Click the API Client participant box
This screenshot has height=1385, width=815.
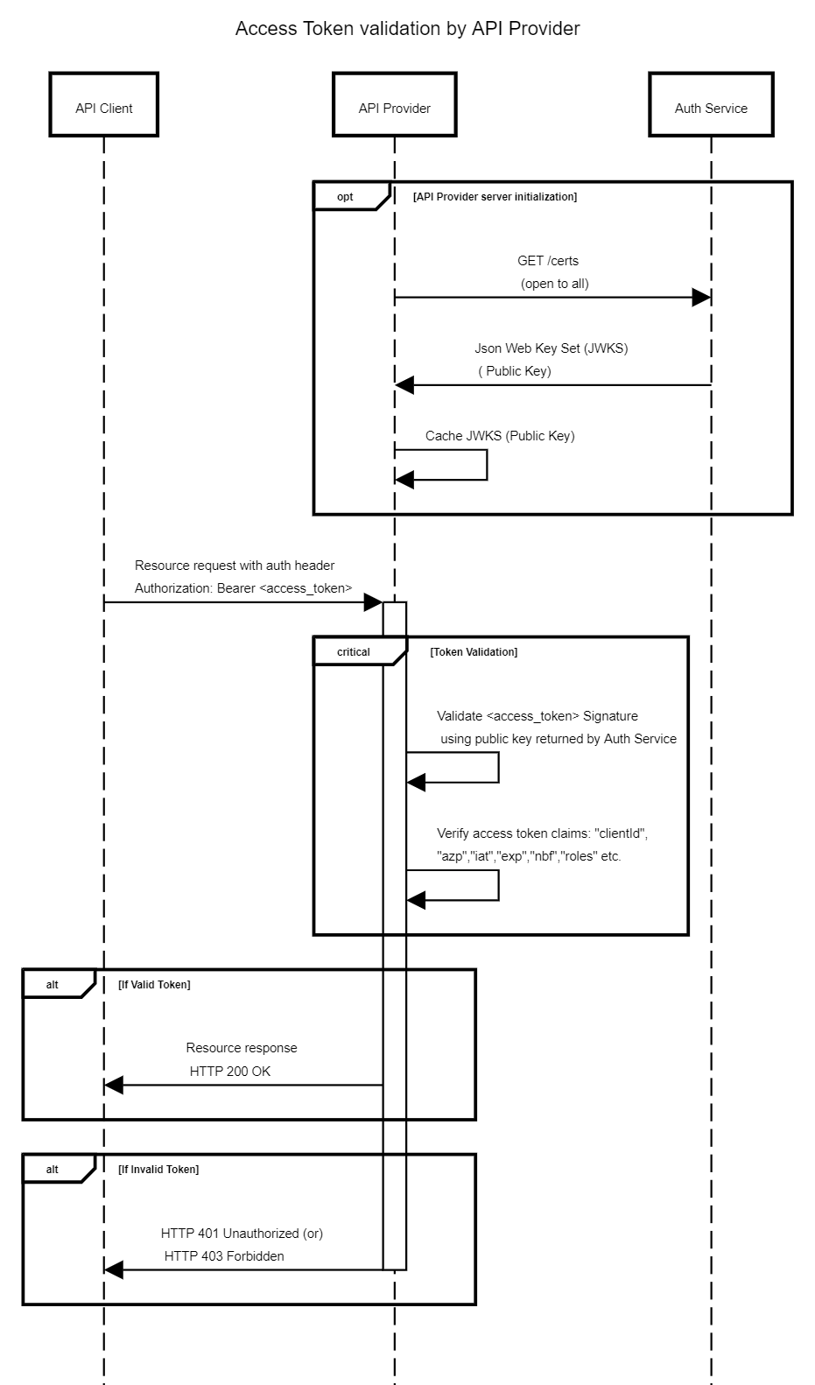point(103,105)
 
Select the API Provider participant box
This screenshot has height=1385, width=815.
point(394,105)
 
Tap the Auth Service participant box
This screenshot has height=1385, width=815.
point(710,105)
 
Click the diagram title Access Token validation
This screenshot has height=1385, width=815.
point(407,29)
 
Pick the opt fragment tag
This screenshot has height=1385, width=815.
point(346,197)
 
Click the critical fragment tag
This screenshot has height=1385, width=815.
point(354,652)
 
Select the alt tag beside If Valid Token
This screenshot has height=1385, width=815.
point(53,985)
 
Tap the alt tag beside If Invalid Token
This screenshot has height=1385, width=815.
point(53,1170)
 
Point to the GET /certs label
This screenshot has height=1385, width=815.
point(548,261)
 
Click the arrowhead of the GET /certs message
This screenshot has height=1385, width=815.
point(701,298)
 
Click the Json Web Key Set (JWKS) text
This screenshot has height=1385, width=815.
point(551,348)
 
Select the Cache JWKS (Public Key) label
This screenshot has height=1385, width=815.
point(500,436)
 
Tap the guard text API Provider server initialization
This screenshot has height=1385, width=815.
point(495,197)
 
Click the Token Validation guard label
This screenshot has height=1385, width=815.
point(474,652)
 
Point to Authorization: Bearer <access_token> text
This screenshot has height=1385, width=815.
point(243,588)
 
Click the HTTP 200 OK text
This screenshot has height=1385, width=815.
point(230,1072)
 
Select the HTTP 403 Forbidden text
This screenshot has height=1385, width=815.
point(224,1256)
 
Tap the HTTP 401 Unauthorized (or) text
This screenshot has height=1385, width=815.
point(242,1234)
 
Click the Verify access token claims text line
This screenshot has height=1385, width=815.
point(542,833)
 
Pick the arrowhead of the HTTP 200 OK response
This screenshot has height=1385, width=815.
point(114,1086)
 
